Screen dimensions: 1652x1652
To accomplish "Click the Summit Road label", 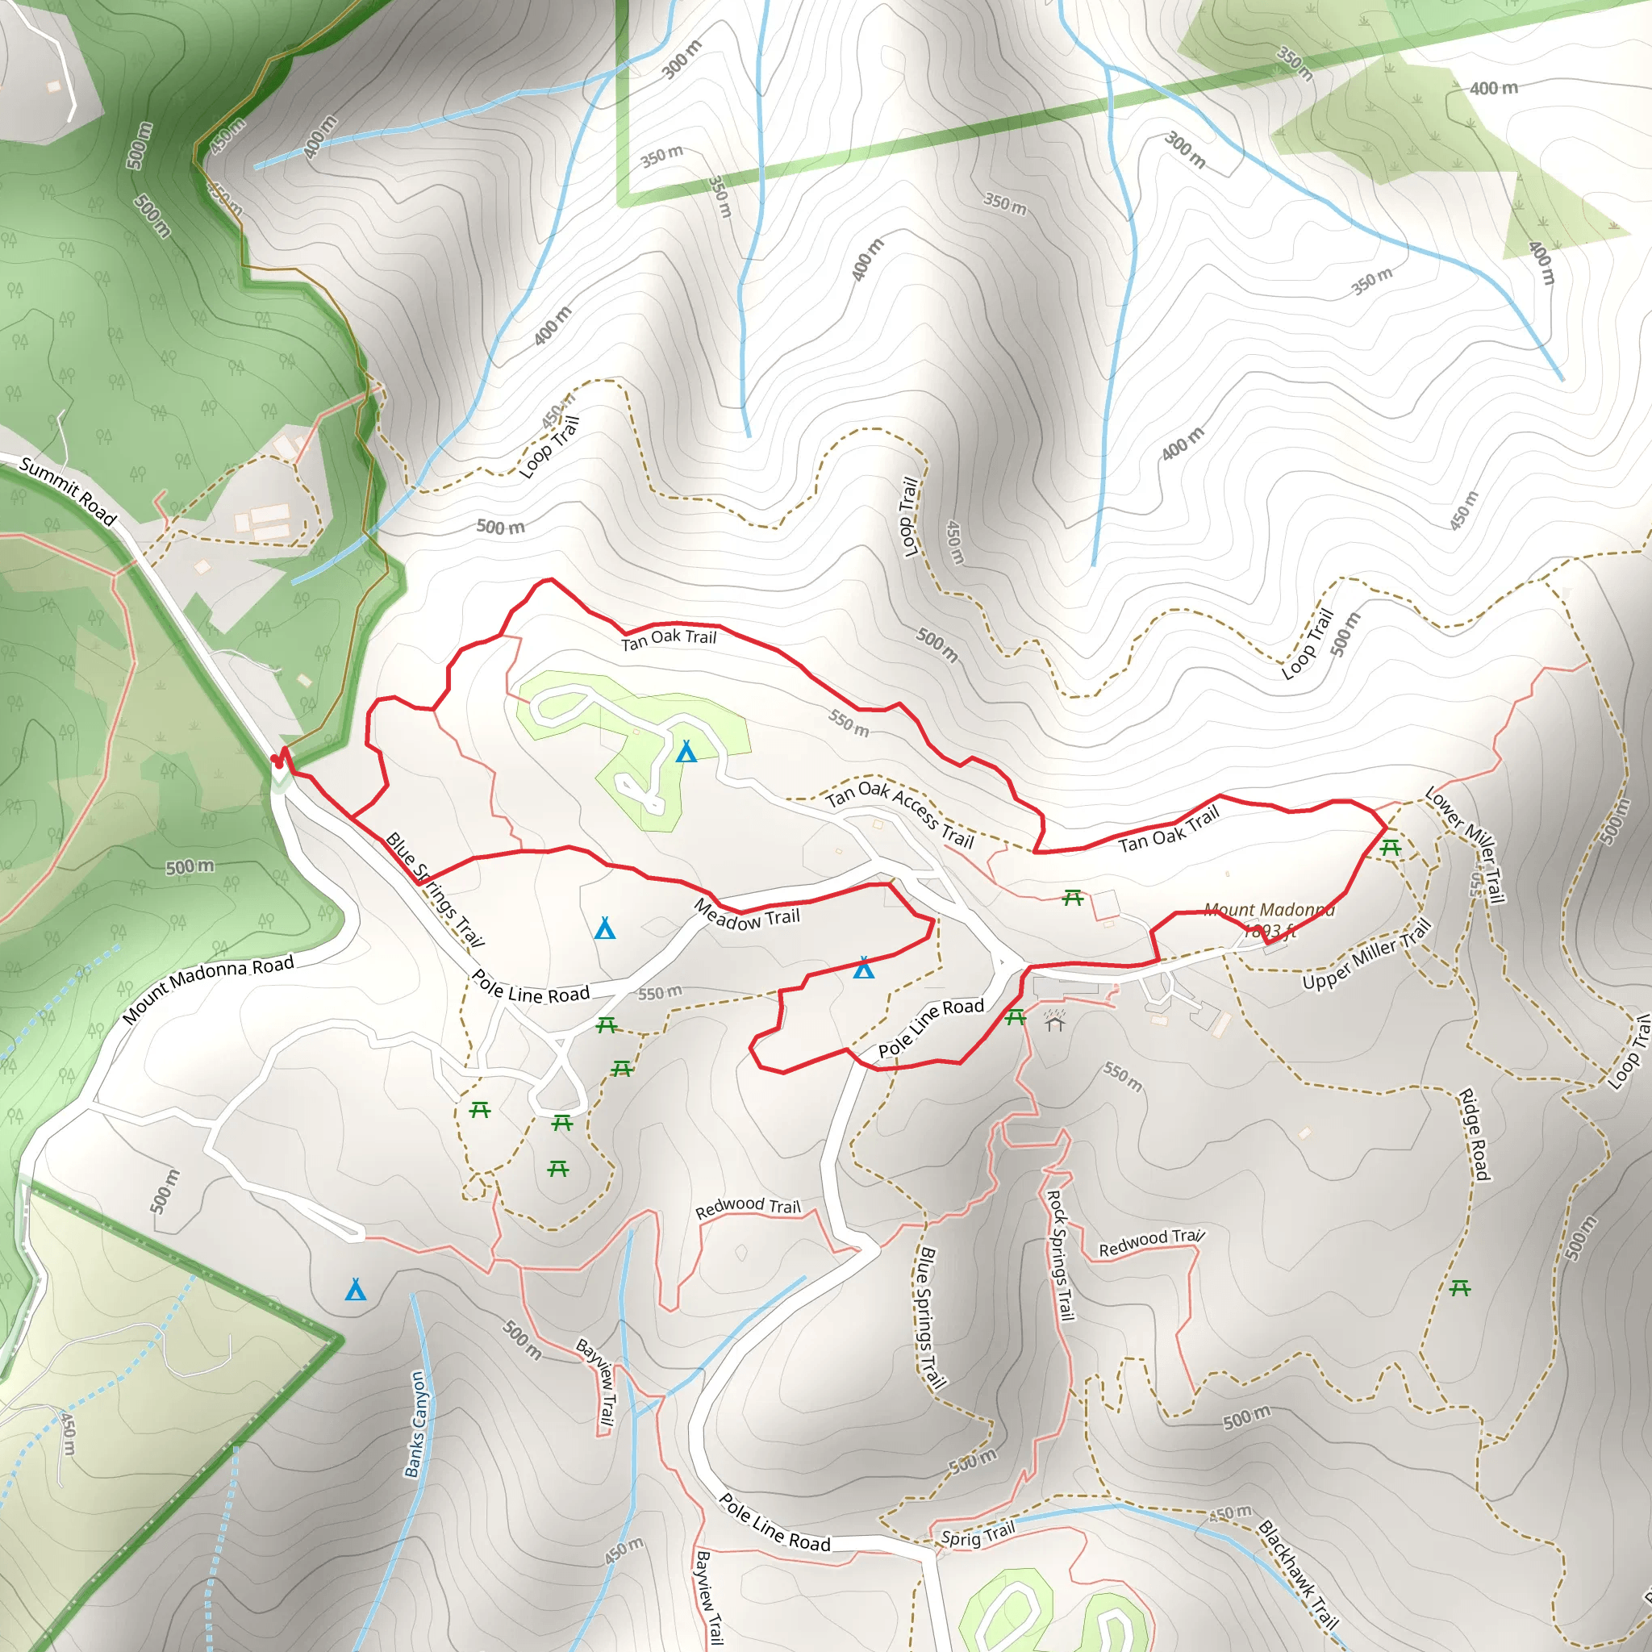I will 68,490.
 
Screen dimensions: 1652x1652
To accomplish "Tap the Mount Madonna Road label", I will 208,988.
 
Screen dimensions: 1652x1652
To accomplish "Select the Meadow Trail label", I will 746,915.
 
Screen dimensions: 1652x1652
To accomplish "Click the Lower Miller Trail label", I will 1465,845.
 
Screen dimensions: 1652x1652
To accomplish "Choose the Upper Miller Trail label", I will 1366,954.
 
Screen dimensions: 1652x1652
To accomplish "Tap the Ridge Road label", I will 1475,1134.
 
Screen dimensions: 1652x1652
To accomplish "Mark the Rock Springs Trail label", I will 1060,1255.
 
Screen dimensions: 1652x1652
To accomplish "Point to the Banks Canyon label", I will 416,1425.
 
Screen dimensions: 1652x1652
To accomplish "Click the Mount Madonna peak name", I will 1269,910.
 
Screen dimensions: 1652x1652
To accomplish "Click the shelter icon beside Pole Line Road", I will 1055,1021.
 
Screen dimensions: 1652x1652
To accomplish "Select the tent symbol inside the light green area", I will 686,752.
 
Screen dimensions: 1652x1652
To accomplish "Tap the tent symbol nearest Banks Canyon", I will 356,1290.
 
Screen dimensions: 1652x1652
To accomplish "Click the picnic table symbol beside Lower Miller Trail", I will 1391,849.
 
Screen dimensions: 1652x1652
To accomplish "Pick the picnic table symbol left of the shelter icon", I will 1015,1016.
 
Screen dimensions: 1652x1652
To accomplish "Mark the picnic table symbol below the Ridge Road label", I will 1461,1287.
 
